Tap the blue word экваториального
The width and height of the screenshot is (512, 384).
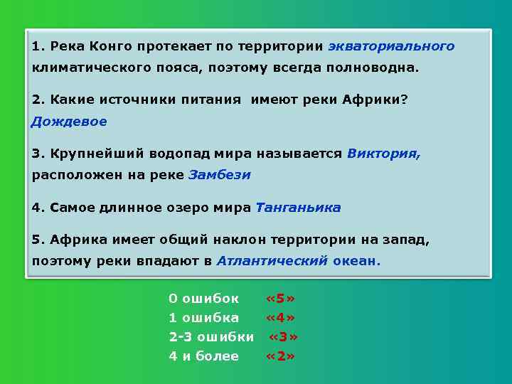click(390, 46)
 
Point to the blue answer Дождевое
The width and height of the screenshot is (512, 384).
click(69, 122)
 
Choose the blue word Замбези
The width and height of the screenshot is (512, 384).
click(220, 175)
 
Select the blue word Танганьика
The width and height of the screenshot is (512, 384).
click(298, 208)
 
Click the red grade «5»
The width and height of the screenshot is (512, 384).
click(280, 297)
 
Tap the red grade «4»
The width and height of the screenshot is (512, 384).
click(280, 317)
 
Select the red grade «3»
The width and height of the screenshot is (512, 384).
click(282, 336)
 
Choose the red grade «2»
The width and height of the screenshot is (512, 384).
click(280, 356)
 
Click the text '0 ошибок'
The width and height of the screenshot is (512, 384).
click(203, 297)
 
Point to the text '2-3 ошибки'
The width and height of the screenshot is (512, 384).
click(211, 336)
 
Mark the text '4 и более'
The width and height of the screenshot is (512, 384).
click(203, 356)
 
